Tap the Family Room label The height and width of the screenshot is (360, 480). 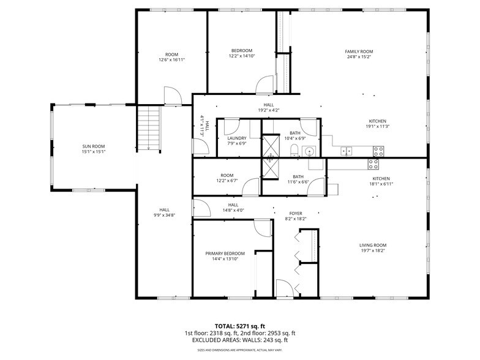point(359,51)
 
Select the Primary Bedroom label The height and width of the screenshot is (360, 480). point(225,253)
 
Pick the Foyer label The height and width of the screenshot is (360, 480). point(296,213)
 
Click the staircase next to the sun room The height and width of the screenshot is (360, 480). point(148,127)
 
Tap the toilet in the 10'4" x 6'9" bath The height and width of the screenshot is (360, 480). point(294,151)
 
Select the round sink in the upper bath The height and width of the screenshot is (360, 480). point(310,151)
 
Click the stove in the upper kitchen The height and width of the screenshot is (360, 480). point(378,150)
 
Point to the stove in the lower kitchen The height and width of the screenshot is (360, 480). point(373,163)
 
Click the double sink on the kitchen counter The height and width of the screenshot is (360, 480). point(347,150)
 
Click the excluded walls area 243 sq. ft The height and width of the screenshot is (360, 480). point(271,340)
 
